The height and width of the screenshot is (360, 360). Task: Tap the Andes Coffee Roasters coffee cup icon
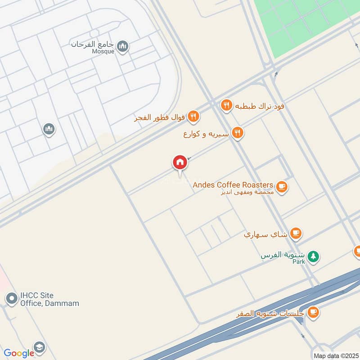point(282,186)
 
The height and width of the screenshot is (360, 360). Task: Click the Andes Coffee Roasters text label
point(233,185)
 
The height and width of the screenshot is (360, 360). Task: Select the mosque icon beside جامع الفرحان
point(122,46)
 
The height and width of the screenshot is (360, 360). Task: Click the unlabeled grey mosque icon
point(49,130)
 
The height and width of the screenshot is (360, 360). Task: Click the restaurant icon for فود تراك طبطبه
point(226,106)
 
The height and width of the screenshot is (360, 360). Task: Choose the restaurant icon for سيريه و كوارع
point(238,133)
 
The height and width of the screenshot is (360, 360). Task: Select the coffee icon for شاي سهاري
point(296,233)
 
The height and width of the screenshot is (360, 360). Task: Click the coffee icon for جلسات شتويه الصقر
point(313,312)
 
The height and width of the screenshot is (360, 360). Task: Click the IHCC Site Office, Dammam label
point(49,299)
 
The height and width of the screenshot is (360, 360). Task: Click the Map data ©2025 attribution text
point(335,355)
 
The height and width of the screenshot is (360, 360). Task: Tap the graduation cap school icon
point(39,347)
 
